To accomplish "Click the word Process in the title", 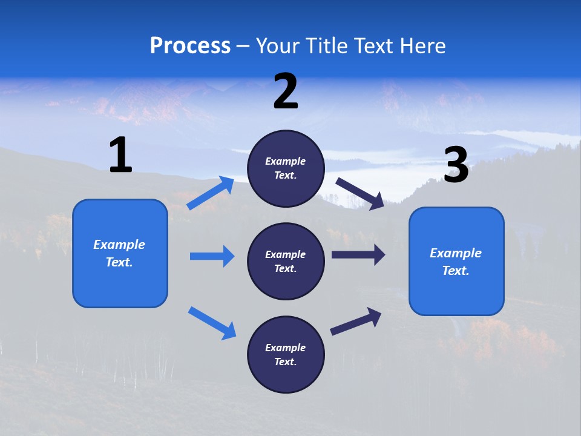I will (190, 46).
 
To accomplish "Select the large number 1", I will (120, 156).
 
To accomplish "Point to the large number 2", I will (286, 91).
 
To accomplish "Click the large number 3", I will (456, 165).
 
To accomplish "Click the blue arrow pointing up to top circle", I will (211, 193).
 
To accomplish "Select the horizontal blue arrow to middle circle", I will (212, 256).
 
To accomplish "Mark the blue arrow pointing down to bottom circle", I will (212, 323).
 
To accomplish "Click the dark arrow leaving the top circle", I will (360, 194).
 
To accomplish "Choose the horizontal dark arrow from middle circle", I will (358, 255).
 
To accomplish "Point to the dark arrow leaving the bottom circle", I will (356, 321).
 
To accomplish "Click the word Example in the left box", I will (119, 245).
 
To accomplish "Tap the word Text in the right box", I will (455, 271).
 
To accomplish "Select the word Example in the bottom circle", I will (286, 348).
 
